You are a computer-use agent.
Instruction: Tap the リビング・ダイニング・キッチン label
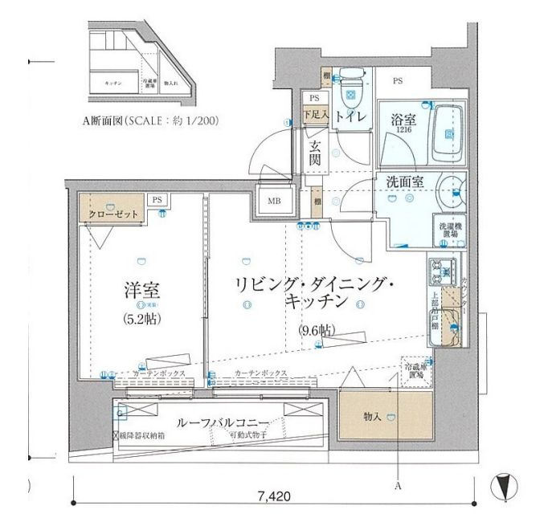point(314,293)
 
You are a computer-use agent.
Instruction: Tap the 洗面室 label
point(404,182)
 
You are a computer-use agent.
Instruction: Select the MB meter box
point(273,202)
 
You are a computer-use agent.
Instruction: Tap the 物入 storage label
point(371,417)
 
